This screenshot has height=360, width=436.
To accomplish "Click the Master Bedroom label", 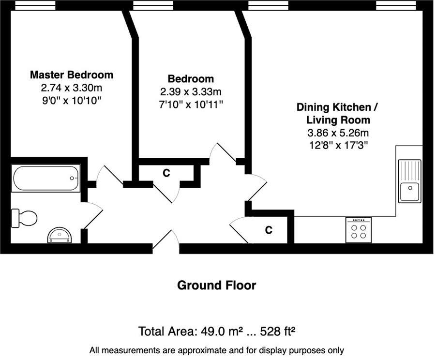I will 72,75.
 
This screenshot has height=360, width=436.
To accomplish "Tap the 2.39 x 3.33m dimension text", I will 191,92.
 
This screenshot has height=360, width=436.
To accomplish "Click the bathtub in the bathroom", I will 46,178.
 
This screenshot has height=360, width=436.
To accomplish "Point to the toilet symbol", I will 24,218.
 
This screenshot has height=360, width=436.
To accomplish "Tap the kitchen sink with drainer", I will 409,181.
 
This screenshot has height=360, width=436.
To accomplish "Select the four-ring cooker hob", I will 359,230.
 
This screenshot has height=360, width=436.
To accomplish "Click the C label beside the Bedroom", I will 166,173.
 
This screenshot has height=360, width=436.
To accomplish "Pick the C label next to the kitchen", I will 269,230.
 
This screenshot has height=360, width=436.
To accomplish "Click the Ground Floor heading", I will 216,285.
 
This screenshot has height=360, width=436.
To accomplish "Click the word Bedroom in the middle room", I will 191,79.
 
